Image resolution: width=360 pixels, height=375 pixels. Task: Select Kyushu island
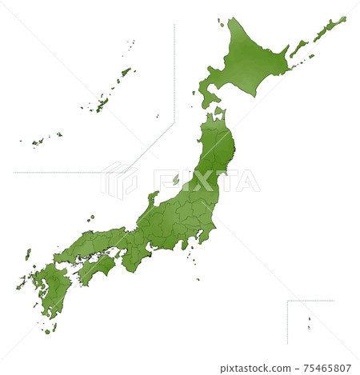pos(51,288)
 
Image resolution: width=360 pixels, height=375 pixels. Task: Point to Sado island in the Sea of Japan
pos(175,179)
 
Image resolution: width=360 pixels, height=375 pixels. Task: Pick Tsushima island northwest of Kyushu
pos(28,254)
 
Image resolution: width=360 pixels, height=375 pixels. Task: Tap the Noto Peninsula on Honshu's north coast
pos(152,197)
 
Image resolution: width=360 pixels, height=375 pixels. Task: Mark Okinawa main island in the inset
pos(102,103)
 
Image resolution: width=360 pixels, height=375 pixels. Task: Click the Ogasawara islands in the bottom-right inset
pos(309,321)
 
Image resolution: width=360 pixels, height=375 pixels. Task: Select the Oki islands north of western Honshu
pos(91,217)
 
